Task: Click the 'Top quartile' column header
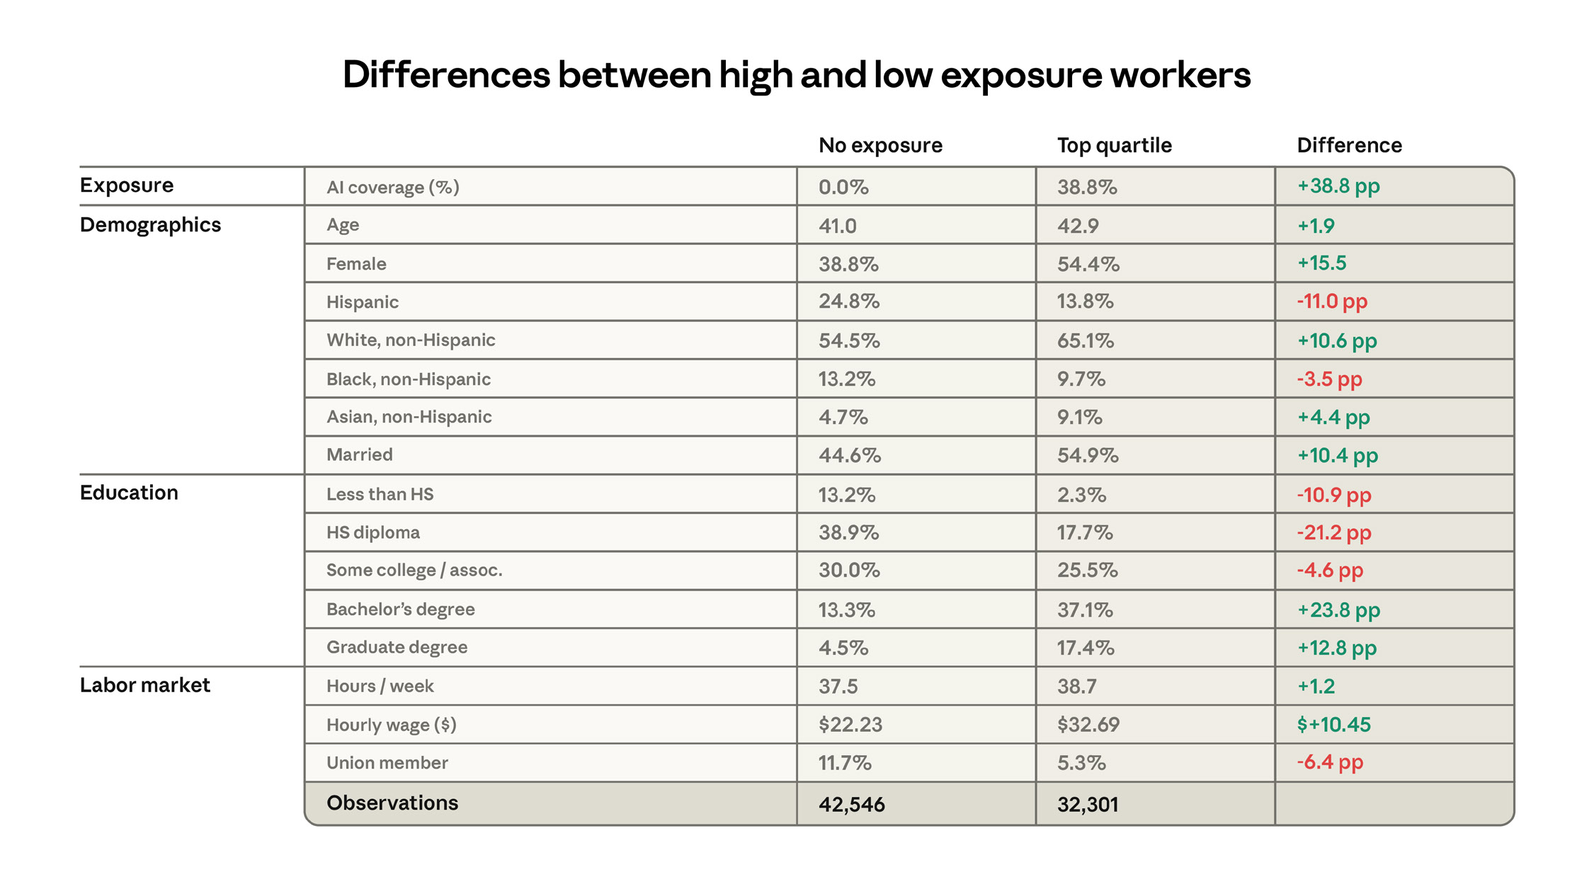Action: (1114, 146)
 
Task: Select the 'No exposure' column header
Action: (880, 146)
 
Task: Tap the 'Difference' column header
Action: (1349, 146)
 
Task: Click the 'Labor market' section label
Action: (144, 685)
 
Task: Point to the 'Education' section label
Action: (129, 493)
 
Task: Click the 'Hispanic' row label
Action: (362, 302)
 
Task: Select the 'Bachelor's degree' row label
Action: (400, 609)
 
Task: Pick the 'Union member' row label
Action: (387, 763)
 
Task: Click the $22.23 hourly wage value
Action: (850, 725)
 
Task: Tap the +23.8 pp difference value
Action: (1338, 610)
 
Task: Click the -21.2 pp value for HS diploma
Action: (1333, 532)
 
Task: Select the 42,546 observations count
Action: (851, 805)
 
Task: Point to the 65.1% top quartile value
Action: (1085, 341)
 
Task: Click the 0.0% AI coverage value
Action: (843, 188)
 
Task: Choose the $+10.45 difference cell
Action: (1333, 725)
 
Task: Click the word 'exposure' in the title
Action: (1020, 75)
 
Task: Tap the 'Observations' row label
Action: (392, 803)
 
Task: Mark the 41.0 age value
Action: (837, 226)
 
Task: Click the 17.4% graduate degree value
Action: (1085, 648)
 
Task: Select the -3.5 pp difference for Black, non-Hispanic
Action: (1329, 379)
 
